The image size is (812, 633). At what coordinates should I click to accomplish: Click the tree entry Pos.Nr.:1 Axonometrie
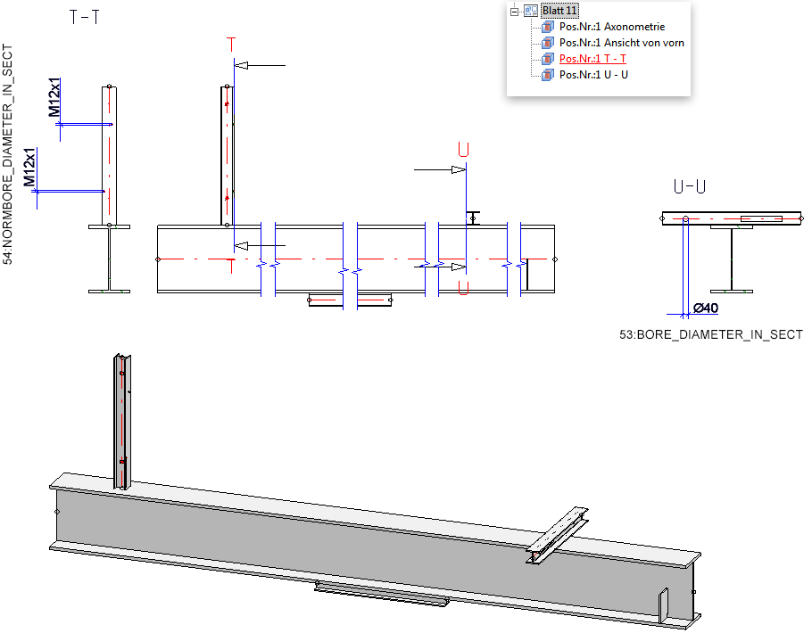point(611,27)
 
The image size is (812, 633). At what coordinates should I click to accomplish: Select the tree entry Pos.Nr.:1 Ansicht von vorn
point(621,42)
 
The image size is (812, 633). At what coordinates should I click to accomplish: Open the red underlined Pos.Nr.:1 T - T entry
point(592,58)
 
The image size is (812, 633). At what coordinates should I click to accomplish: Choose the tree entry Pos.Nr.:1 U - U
point(593,74)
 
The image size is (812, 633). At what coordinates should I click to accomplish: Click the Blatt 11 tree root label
point(559,10)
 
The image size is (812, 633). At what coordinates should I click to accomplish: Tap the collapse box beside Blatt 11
point(514,11)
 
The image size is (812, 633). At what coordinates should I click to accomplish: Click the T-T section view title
point(84,18)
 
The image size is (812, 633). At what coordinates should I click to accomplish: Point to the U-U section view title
point(690,187)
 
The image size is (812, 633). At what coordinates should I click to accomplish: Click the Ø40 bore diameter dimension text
point(707,308)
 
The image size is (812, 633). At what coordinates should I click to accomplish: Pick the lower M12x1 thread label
point(30,169)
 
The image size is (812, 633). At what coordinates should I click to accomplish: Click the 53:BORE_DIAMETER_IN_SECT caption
point(711,335)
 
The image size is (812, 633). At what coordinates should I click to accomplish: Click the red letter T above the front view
point(232,44)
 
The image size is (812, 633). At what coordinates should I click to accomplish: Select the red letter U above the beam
point(463,149)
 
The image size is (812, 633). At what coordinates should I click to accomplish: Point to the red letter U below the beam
point(463,287)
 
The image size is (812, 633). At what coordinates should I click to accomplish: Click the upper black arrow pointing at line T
point(261,65)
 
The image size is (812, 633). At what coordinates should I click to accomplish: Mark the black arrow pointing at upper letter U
point(437,169)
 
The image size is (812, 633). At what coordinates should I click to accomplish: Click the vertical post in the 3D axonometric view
point(122,419)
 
